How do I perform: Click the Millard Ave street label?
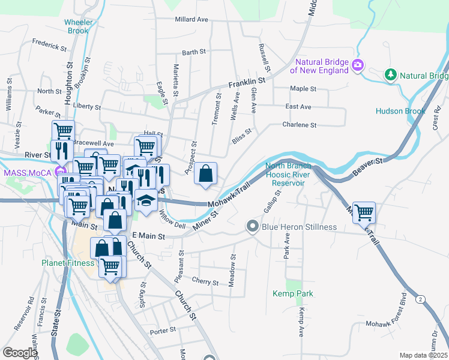(x=191, y=19)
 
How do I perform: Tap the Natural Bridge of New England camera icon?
(x=358, y=65)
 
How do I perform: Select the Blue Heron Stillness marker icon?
(x=252, y=227)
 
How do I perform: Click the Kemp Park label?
(x=293, y=293)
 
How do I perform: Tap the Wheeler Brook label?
(x=77, y=26)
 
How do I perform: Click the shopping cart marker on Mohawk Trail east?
(x=364, y=212)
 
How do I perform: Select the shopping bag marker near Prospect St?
(x=205, y=174)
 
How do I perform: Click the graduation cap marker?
(x=145, y=200)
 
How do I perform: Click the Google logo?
(x=20, y=353)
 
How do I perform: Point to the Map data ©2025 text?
(x=423, y=355)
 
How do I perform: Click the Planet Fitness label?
(x=68, y=263)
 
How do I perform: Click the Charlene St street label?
(x=300, y=125)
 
